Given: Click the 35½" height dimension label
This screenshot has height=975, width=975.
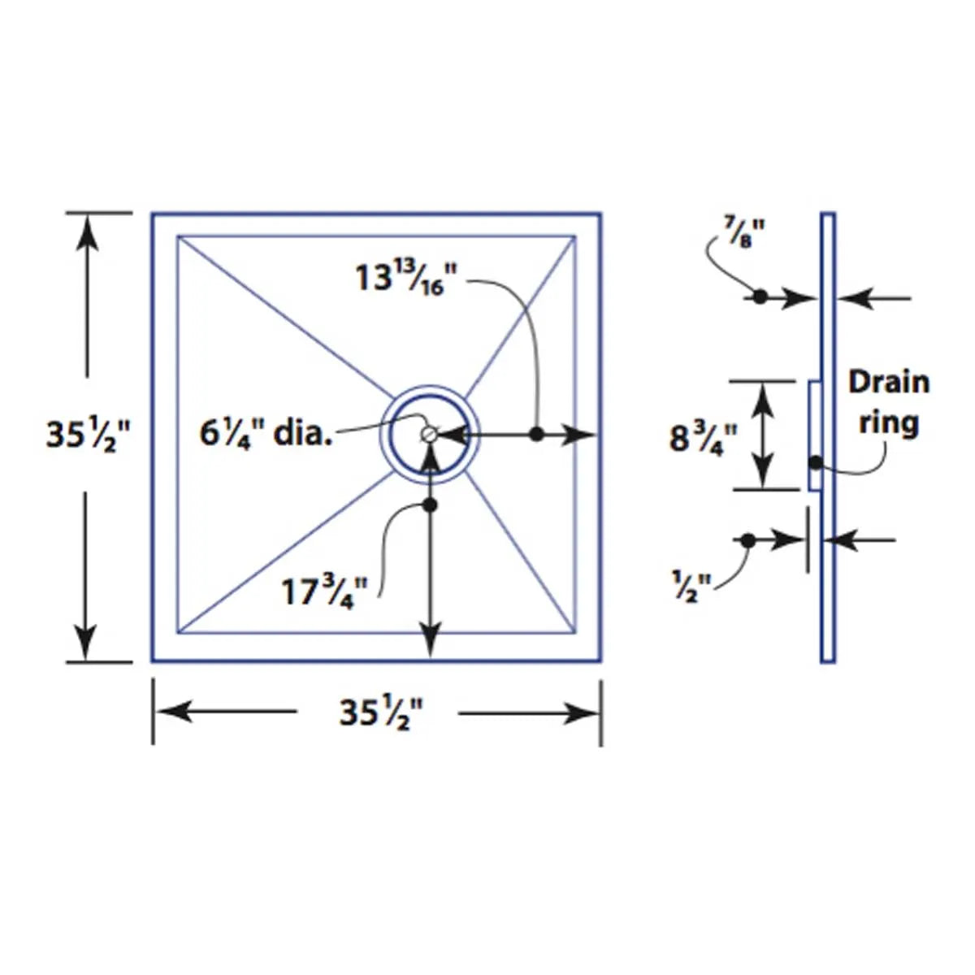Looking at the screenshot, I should pyautogui.click(x=87, y=435).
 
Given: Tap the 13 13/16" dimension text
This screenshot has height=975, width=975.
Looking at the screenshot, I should pyautogui.click(x=401, y=278).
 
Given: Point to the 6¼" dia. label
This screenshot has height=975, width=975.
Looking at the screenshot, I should pyautogui.click(x=266, y=432).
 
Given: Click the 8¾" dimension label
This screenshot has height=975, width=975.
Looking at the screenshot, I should pyautogui.click(x=703, y=439).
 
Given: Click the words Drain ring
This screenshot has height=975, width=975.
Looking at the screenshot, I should pyautogui.click(x=888, y=402).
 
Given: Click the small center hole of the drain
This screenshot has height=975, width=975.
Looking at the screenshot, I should pyautogui.click(x=429, y=435).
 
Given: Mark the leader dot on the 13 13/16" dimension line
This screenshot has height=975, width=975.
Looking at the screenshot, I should pyautogui.click(x=536, y=434).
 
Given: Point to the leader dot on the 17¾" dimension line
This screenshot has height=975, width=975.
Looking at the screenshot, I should pyautogui.click(x=430, y=505).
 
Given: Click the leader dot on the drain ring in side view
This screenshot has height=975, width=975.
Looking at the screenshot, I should pyautogui.click(x=815, y=464).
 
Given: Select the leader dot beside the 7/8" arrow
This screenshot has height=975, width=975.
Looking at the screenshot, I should pyautogui.click(x=760, y=297).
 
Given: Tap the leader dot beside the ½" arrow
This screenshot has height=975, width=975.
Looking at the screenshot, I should pyautogui.click(x=748, y=539).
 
